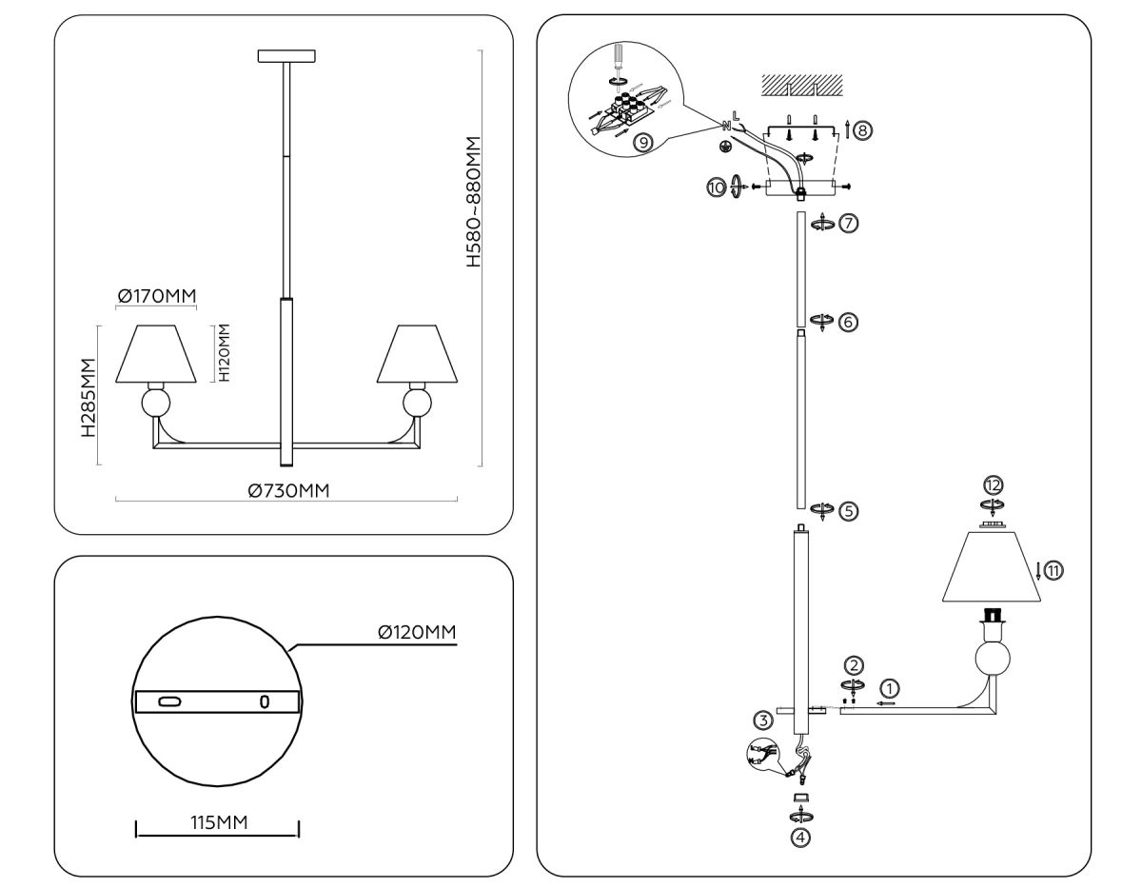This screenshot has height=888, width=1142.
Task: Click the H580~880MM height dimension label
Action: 473,201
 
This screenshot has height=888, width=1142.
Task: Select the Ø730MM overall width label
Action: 289,490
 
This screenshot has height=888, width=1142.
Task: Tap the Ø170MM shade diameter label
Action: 157,297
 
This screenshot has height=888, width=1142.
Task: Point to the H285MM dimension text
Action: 88,397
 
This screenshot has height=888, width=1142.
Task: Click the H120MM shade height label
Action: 224,352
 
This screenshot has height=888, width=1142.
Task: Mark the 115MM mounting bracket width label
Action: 218,822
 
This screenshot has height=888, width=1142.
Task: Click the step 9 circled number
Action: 643,143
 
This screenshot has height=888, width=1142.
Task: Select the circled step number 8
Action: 862,130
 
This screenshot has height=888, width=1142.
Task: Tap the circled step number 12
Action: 994,485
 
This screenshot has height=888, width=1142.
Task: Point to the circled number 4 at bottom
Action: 801,839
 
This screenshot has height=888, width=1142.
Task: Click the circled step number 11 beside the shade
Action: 1053,571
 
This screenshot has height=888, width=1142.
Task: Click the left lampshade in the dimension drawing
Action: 156,355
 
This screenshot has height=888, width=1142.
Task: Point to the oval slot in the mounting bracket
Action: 169,702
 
